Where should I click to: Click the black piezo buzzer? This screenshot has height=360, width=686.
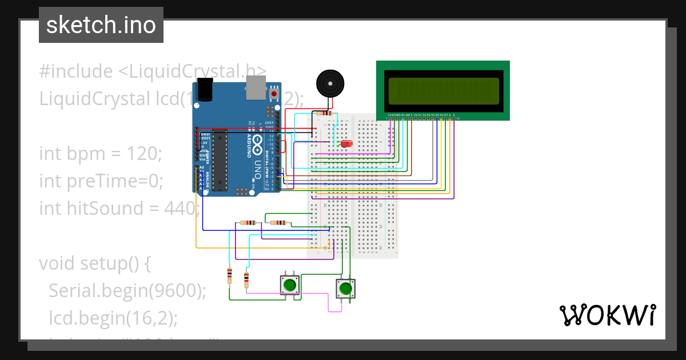tap(330, 84)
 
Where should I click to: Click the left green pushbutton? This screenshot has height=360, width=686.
tap(290, 285)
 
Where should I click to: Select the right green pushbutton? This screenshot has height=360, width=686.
tap(345, 288)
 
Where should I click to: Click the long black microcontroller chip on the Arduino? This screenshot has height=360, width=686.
tap(221, 159)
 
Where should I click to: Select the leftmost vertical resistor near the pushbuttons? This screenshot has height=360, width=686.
tap(230, 275)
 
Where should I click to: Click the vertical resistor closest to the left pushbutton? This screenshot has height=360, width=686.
tap(246, 279)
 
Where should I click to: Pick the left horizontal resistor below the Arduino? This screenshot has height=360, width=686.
tap(249, 223)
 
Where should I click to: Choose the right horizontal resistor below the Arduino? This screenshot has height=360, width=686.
tap(280, 223)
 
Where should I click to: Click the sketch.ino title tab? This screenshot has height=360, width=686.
tap(101, 25)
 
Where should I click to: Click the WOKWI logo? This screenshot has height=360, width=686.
tap(607, 315)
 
